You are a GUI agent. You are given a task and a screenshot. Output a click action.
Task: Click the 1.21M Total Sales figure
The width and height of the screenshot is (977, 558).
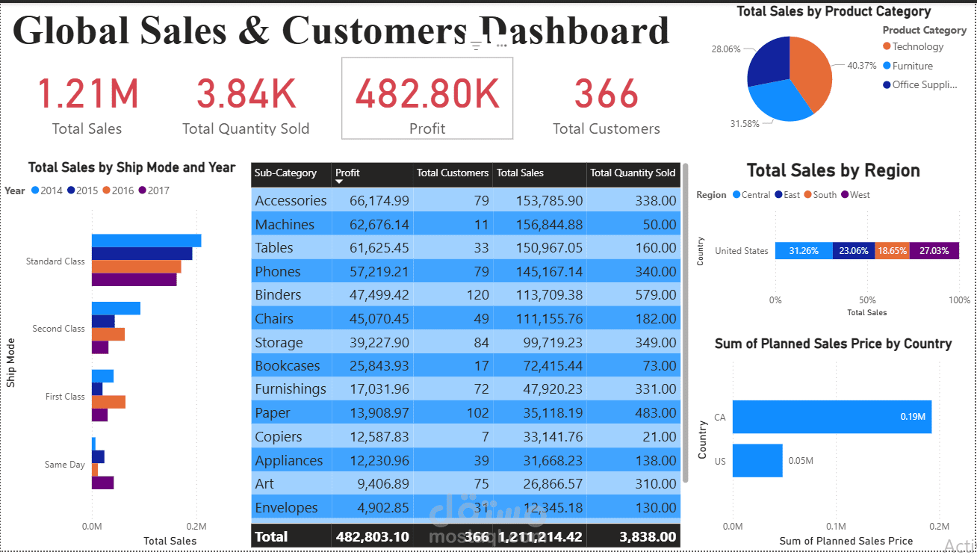point(87,94)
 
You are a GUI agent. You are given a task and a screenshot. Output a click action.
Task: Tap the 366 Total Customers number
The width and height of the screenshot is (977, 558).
point(606,94)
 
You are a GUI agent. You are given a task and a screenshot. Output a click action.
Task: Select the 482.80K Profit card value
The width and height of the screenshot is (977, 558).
point(427,94)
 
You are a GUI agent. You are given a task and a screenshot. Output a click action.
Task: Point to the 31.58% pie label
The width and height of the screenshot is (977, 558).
point(745,123)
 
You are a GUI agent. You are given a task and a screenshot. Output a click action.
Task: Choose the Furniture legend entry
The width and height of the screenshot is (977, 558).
point(912,66)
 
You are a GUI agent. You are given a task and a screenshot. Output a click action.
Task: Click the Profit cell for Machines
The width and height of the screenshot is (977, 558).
point(372,224)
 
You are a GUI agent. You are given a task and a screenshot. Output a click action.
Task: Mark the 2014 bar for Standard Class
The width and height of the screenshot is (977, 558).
point(146,240)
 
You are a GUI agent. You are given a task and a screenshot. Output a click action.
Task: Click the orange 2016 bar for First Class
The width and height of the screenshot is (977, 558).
point(108,402)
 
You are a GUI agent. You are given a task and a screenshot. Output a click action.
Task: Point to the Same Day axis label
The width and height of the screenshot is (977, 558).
point(64,465)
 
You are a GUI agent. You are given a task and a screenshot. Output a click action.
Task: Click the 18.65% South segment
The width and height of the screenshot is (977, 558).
point(892,251)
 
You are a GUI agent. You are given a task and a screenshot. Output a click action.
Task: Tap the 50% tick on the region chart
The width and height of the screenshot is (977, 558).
point(866,300)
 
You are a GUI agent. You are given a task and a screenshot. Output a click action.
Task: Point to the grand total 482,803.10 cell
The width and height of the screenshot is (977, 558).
point(372,536)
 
